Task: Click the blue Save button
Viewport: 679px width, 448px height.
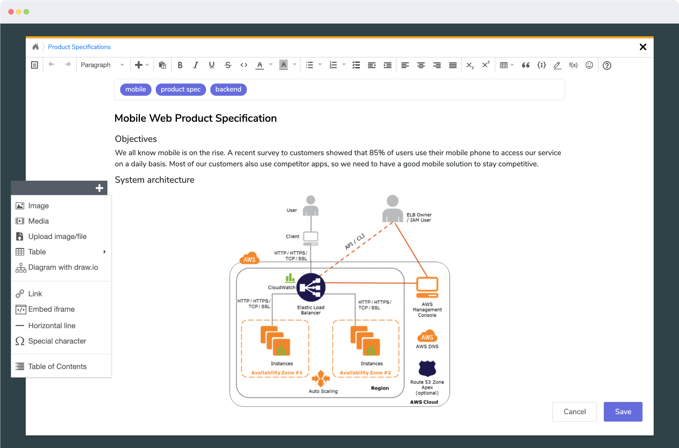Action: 623,411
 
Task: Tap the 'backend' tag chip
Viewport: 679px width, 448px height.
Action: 228,89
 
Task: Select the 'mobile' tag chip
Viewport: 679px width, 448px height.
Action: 136,89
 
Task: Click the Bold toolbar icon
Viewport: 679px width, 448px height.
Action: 180,65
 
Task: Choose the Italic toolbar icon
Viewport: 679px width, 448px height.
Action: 195,65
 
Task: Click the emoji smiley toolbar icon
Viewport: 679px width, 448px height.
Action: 589,65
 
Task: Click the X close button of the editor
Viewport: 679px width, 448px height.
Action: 643,47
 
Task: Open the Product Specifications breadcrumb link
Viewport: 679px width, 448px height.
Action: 79,47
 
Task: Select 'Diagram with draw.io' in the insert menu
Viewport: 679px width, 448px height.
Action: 63,268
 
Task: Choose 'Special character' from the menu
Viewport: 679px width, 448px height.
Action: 57,341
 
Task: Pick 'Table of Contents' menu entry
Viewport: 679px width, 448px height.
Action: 57,367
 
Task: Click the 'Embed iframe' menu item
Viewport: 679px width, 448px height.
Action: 51,309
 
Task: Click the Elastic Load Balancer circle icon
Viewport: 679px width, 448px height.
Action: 311,287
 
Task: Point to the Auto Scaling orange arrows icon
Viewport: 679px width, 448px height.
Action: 321,378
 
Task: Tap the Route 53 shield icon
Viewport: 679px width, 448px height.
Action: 427,369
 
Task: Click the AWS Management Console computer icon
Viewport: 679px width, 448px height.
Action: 427,287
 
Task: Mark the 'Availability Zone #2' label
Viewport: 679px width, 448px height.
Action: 365,373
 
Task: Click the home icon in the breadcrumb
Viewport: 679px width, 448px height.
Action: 35,47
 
